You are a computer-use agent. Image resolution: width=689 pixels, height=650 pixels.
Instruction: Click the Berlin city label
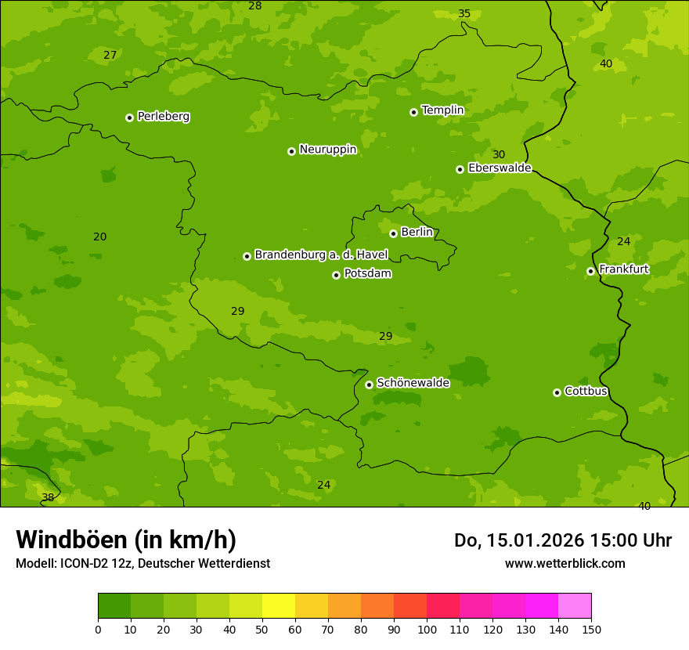click(x=417, y=233)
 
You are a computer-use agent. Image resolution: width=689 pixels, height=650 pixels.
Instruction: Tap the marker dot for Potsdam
click(x=337, y=275)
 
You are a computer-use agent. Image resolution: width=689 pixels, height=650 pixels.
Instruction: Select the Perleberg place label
click(x=164, y=117)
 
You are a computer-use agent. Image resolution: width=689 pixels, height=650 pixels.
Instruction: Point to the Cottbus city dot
click(x=557, y=392)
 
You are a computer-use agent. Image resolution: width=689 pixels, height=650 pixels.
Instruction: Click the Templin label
click(x=442, y=110)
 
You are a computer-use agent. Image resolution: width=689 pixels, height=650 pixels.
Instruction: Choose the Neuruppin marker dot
click(x=291, y=151)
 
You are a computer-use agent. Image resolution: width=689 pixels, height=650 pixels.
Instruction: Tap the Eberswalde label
click(x=500, y=168)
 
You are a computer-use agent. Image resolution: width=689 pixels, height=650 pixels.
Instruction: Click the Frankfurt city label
click(x=623, y=269)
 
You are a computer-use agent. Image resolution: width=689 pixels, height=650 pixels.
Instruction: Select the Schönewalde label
click(x=413, y=383)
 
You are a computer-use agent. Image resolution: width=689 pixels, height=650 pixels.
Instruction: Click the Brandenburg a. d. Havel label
click(x=321, y=255)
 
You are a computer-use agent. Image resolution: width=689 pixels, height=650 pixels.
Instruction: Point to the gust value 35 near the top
click(x=464, y=14)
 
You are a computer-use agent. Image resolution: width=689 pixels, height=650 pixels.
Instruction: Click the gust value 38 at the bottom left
click(x=48, y=497)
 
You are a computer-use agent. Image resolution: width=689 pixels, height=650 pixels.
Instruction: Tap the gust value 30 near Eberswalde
click(x=499, y=154)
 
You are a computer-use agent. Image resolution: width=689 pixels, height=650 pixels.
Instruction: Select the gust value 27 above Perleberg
click(x=110, y=55)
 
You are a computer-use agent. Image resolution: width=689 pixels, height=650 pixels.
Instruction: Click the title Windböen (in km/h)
click(x=126, y=540)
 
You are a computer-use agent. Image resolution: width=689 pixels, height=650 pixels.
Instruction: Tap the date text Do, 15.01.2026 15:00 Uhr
click(x=562, y=540)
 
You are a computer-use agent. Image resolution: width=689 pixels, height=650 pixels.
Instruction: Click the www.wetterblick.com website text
click(x=565, y=563)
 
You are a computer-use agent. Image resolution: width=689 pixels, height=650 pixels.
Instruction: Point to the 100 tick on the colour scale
click(x=427, y=629)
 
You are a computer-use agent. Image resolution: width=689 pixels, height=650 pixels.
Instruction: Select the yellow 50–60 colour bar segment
click(x=279, y=606)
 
